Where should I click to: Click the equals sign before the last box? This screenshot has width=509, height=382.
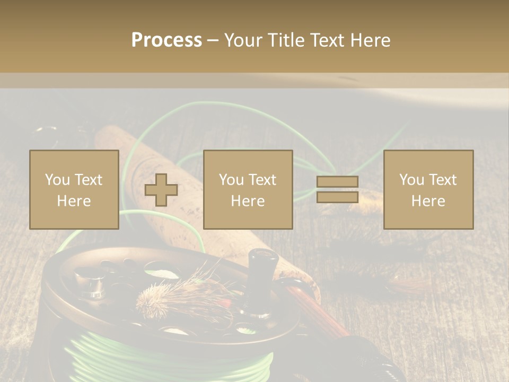click(337, 189)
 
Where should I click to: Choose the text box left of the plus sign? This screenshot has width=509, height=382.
click(74, 189)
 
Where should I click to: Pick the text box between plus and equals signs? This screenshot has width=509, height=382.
click(248, 189)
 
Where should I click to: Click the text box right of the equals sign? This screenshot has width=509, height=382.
click(428, 189)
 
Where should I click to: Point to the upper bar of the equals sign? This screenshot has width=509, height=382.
click(337, 182)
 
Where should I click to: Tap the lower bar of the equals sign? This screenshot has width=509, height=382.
click(337, 197)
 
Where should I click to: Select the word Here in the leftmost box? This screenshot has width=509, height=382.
click(74, 201)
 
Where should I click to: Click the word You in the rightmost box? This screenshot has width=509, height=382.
click(411, 180)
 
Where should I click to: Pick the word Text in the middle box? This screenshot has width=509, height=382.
click(263, 180)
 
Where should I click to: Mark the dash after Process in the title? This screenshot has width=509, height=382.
click(213, 41)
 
